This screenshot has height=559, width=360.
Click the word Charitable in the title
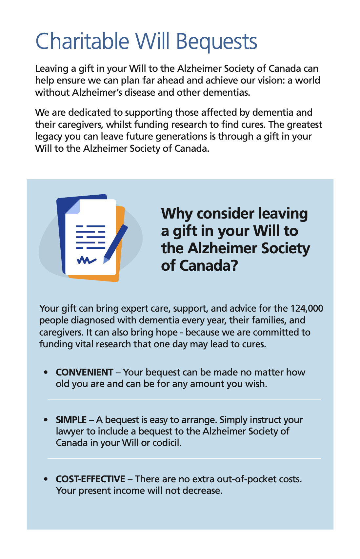tap(82, 41)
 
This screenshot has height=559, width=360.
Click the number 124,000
tap(307, 308)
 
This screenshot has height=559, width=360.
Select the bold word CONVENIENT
tap(85, 372)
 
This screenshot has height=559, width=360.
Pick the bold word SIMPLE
tap(71, 420)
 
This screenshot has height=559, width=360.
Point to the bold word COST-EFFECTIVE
tap(90, 479)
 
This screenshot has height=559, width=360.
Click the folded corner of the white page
tap(73, 207)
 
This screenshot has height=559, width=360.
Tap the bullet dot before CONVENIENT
tap(46, 373)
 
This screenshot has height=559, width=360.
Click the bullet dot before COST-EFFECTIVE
tap(46, 479)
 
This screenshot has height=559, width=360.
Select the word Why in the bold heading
tap(177, 214)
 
